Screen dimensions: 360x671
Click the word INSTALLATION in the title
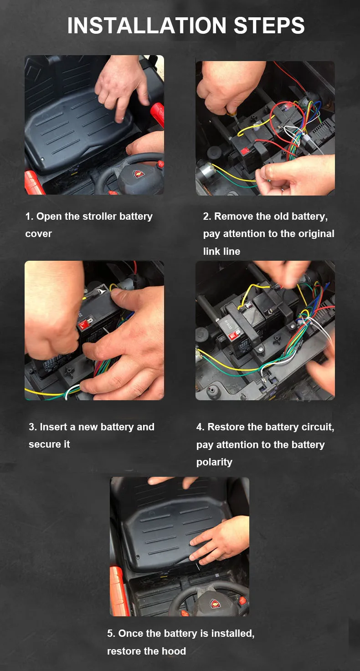click(x=147, y=26)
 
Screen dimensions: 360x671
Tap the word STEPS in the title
click(x=269, y=26)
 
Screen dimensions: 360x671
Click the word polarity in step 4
click(x=214, y=462)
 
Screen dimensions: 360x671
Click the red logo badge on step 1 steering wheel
click(x=139, y=173)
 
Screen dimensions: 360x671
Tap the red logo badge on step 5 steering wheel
click(x=215, y=604)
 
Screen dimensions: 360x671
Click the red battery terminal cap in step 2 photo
click(x=245, y=151)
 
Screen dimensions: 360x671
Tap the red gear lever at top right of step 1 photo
click(x=158, y=114)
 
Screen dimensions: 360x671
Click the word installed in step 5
click(x=233, y=633)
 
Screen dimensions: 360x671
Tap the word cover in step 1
click(x=38, y=234)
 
